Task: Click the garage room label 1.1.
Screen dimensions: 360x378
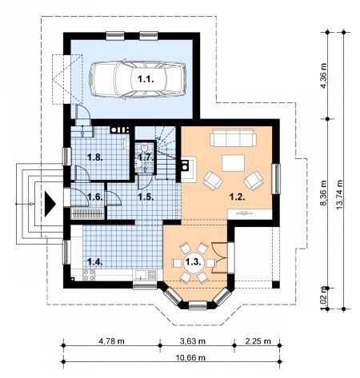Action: [x=146, y=79]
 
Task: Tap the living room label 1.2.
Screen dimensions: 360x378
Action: [x=237, y=197]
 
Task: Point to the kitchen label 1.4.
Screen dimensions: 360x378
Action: [x=95, y=262]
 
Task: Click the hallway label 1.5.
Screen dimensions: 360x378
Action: [x=146, y=197]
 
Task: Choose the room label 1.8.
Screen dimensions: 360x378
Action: [x=95, y=157]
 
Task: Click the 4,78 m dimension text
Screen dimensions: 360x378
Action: [x=111, y=341]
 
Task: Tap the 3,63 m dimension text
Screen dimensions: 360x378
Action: [x=193, y=341]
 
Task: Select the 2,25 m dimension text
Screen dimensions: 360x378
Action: [x=258, y=341]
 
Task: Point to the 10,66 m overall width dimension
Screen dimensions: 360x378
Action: [x=190, y=357]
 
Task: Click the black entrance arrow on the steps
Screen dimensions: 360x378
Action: [x=50, y=204]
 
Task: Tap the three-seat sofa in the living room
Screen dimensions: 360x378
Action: [x=233, y=137]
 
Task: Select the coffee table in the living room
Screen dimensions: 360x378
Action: [x=233, y=163]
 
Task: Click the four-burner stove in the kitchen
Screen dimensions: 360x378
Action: [x=89, y=275]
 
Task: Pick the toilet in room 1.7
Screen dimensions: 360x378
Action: [x=144, y=147]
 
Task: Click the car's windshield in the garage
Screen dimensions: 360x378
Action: [x=122, y=79]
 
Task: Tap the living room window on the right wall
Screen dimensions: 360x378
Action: [x=278, y=179]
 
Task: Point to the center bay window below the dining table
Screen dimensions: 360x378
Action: [x=198, y=305]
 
